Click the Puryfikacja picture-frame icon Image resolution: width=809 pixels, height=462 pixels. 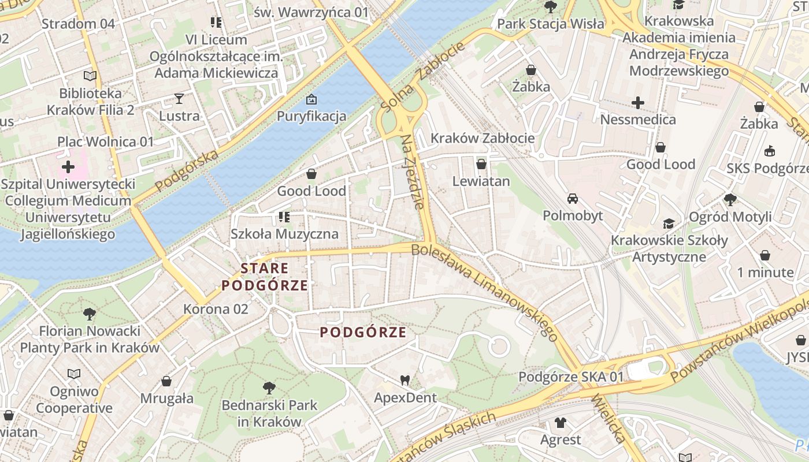[311, 99]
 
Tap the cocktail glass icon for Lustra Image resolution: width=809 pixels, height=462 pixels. [179, 99]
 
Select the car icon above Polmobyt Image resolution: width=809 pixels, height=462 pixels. [573, 199]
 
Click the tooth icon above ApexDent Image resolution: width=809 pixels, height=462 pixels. [405, 380]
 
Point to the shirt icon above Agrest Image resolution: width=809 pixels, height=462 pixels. [560, 422]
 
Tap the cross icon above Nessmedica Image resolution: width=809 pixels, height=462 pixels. [638, 103]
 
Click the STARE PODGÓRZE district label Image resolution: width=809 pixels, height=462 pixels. [264, 277]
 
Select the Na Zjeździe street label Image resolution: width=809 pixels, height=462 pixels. [415, 172]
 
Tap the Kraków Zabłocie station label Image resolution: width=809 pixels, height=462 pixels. [483, 139]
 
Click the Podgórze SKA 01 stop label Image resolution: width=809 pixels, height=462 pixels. [571, 377]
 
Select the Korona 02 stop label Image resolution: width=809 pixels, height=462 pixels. [216, 309]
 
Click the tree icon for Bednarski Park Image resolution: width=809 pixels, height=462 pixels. [269, 388]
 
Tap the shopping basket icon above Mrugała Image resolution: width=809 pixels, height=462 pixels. [166, 381]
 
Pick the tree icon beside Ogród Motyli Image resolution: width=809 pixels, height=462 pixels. [730, 200]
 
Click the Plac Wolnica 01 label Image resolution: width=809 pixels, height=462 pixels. [106, 141]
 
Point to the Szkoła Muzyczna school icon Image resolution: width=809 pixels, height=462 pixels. [284, 217]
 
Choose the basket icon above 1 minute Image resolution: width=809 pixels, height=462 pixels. [765, 255]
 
